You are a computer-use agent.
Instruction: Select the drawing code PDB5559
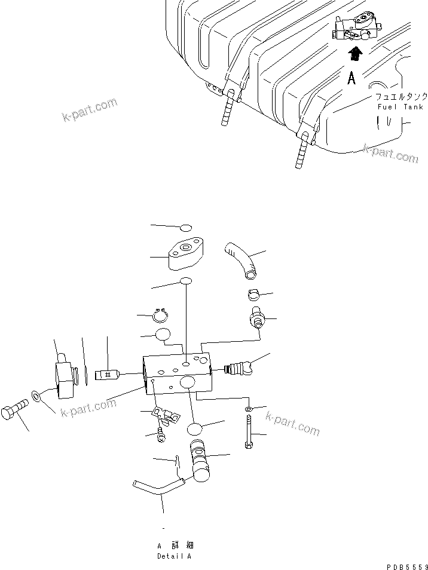click(403, 565)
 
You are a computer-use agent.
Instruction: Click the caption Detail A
click(174, 556)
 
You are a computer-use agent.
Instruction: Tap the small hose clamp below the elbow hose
click(253, 295)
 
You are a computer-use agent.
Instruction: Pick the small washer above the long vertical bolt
click(248, 409)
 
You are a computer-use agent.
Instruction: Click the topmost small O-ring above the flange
click(185, 227)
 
